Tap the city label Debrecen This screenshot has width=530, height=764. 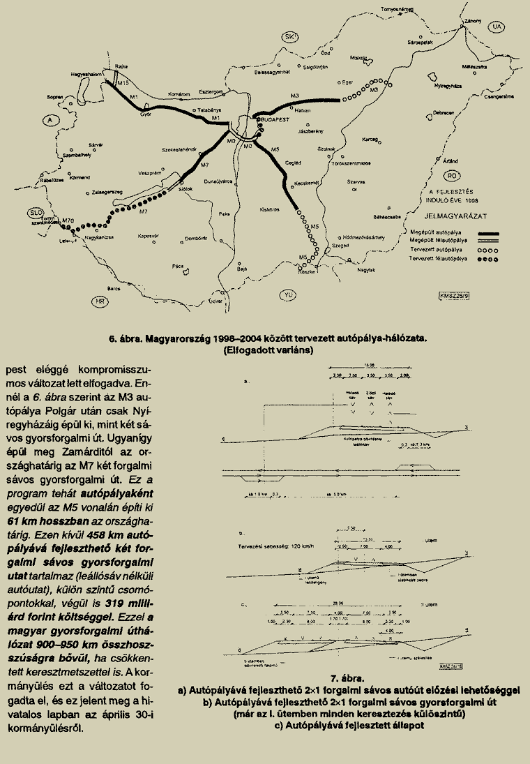[x=444, y=113]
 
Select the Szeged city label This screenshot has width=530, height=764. [x=340, y=246]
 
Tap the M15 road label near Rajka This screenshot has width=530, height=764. [x=123, y=83]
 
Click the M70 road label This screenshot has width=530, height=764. [x=68, y=220]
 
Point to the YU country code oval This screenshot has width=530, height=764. [x=287, y=296]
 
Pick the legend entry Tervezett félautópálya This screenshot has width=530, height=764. [x=438, y=259]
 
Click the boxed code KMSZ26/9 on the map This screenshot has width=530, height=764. [x=454, y=295]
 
